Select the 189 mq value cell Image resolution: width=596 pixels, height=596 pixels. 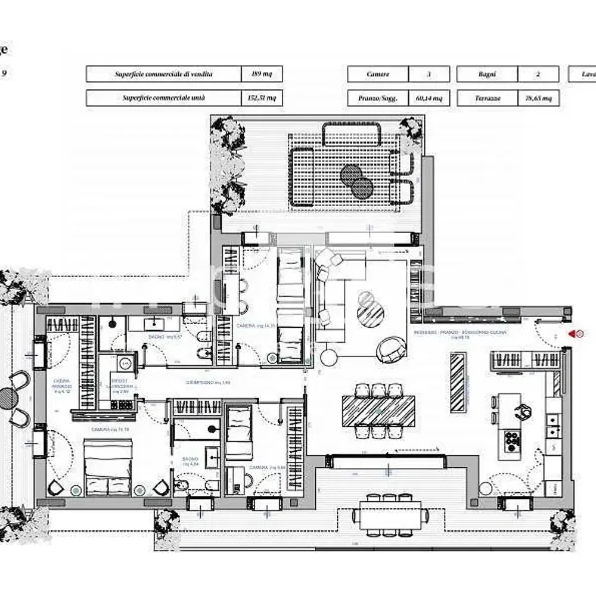[262, 74]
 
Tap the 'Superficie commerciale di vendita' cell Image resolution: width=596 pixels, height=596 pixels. [163, 74]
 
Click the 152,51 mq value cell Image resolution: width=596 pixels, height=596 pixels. [262, 98]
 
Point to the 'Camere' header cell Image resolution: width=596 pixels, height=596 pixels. [378, 74]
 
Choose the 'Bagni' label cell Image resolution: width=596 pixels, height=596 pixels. [487, 74]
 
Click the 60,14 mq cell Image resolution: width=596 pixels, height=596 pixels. [429, 98]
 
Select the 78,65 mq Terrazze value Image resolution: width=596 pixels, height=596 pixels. [538, 98]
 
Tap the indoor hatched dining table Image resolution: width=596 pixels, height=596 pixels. [378, 411]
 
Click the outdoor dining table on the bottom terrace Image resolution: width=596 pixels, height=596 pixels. [390, 513]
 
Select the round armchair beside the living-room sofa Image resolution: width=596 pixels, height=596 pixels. [391, 349]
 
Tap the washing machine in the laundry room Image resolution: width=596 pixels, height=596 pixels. [126, 363]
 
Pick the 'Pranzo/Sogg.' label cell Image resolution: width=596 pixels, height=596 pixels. [378, 98]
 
